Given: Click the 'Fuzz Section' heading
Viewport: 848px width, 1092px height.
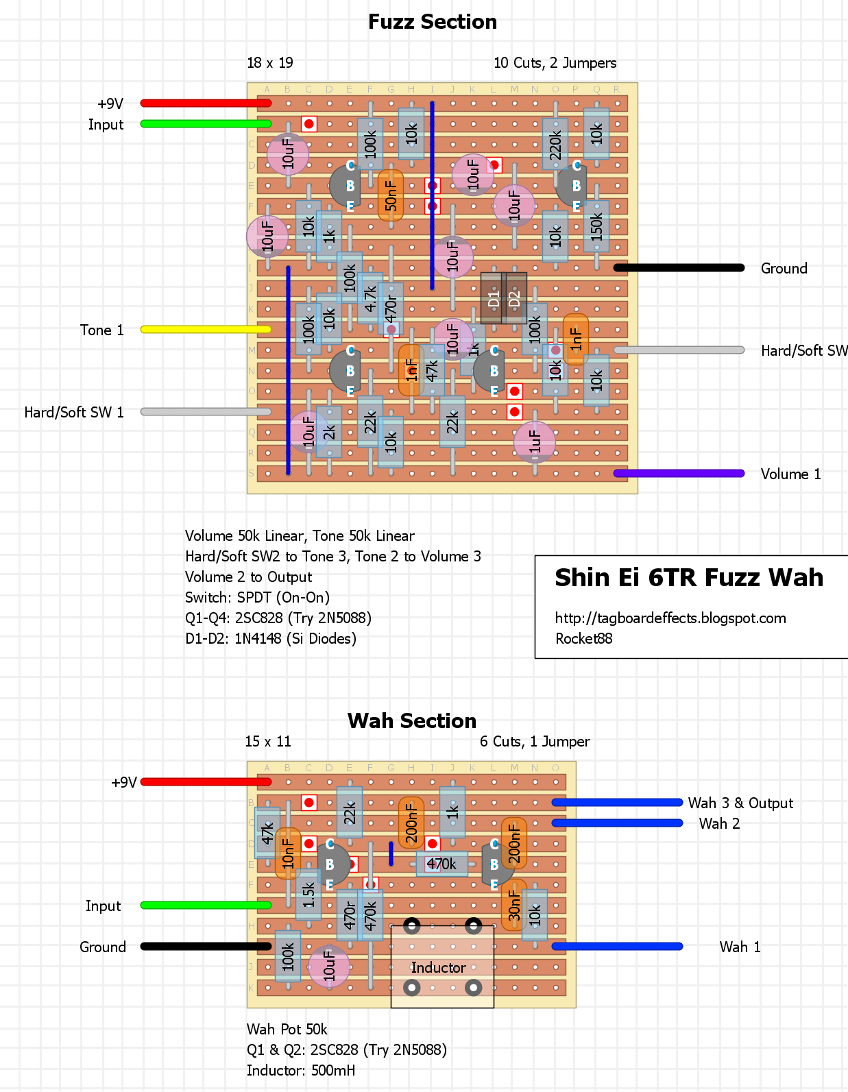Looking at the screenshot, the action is (433, 22).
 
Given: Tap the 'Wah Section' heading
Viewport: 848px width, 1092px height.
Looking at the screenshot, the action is (412, 720).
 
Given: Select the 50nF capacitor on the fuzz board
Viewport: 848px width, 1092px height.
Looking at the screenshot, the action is (391, 195).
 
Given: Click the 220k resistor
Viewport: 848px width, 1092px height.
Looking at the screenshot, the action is (555, 144).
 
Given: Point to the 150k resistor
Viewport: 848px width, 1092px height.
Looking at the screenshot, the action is (596, 226).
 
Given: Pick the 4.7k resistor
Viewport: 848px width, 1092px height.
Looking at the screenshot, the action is (370, 298).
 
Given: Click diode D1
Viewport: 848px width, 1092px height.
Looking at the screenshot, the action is (494, 298).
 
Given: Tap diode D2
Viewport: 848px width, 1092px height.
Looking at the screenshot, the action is (514, 298).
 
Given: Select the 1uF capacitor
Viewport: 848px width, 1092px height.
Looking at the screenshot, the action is (535, 442).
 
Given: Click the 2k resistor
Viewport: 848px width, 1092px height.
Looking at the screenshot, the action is (329, 432).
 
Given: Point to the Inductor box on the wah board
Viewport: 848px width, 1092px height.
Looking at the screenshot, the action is (443, 967).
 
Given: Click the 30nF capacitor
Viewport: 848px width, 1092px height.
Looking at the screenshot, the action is (514, 905).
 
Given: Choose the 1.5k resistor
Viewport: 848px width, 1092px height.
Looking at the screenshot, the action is (308, 895).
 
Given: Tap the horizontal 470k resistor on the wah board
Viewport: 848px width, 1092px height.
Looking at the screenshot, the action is (442, 864).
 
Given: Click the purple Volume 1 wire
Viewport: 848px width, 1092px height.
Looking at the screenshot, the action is (679, 474).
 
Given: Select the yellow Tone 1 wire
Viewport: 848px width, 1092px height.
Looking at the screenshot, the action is (206, 330).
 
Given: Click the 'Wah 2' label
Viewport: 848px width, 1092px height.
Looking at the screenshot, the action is (719, 823).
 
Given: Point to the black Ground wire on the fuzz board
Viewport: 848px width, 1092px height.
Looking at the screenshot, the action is (679, 268).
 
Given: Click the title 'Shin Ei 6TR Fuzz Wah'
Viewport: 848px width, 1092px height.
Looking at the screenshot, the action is (689, 577).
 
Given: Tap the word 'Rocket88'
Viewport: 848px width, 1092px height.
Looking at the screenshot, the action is (584, 639).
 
